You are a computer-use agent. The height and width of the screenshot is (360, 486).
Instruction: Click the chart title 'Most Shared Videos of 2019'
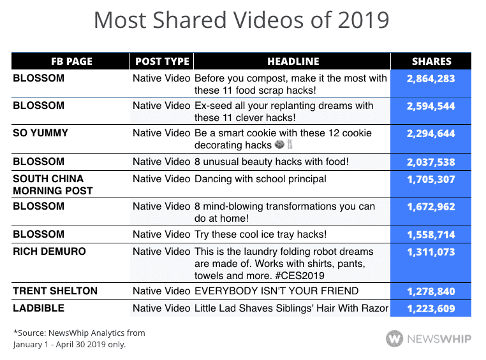(242, 20)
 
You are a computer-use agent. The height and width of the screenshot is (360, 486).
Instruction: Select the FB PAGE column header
(71, 62)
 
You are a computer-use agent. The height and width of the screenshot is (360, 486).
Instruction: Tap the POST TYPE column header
(161, 62)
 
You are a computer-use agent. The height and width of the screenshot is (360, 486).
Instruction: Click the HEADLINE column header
(293, 62)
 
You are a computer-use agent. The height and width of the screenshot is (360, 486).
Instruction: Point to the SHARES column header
(431, 62)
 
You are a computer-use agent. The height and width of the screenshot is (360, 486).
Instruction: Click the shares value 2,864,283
(431, 78)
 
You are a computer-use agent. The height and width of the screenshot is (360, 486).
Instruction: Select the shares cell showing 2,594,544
(431, 106)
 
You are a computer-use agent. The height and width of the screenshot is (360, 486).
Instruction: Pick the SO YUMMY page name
(41, 134)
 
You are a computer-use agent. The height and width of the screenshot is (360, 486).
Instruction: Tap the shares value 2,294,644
(431, 134)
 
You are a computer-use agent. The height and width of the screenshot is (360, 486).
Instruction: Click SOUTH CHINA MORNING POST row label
(52, 185)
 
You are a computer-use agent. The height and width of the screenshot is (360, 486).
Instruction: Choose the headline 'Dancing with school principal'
(260, 179)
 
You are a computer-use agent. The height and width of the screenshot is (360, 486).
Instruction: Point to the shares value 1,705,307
(431, 179)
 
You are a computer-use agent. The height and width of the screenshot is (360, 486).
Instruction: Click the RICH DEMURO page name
(49, 252)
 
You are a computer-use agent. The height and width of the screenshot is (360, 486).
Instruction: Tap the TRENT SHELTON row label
(55, 291)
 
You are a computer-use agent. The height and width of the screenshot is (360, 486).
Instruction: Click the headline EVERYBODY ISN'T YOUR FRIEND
(276, 291)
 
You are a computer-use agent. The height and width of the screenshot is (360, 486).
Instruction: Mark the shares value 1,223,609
(431, 309)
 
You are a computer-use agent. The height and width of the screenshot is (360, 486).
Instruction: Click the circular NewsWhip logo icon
(394, 337)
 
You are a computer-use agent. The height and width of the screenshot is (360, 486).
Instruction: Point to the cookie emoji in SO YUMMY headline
(279, 146)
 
